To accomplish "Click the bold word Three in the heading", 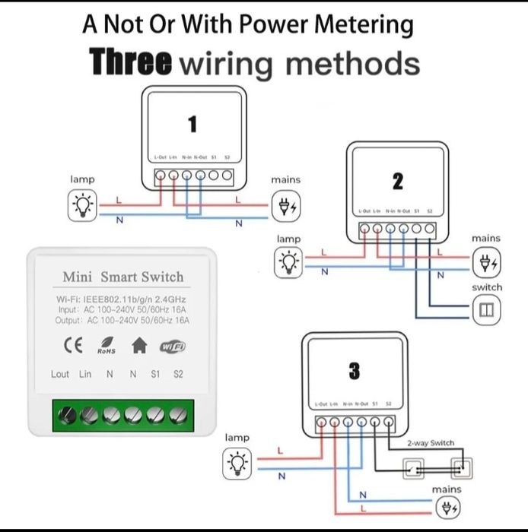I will [130, 62].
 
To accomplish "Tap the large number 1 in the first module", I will [193, 124].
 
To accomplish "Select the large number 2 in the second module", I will [397, 182].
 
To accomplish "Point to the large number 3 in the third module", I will [354, 371].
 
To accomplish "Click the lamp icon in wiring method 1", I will [82, 206].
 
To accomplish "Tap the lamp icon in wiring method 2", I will [288, 263].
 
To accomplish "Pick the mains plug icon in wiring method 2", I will [485, 264].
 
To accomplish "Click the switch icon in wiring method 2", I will [486, 309].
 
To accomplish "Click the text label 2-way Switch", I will [431, 442].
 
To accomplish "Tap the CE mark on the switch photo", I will [73, 346].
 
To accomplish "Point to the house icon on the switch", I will [139, 346].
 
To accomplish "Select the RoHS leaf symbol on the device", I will [106, 346].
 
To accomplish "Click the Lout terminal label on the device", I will [60, 374].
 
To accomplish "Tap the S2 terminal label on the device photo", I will [178, 374].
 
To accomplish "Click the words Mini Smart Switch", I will [122, 277].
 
